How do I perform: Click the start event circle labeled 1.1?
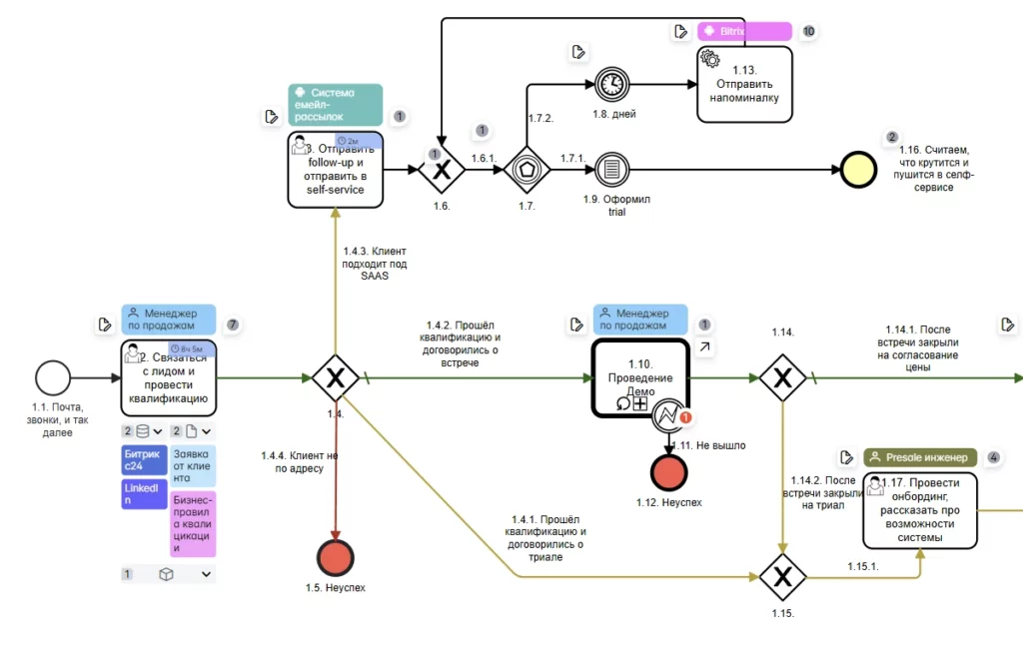pos(53,378)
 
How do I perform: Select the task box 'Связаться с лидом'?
pos(169,377)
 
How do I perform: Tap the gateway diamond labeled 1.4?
pos(335,378)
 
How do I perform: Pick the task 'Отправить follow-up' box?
pos(335,169)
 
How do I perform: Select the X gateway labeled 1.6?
pos(442,170)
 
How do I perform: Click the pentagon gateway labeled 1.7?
pos(526,170)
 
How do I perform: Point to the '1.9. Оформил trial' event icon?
pos(610,169)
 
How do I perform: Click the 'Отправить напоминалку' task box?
pos(744,85)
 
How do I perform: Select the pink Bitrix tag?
pos(744,31)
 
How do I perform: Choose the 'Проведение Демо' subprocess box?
pos(639,377)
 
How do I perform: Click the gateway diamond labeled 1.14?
pos(782,378)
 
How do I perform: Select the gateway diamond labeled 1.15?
pos(782,576)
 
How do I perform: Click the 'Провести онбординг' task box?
pos(919,510)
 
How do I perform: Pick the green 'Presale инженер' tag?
pos(919,457)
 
